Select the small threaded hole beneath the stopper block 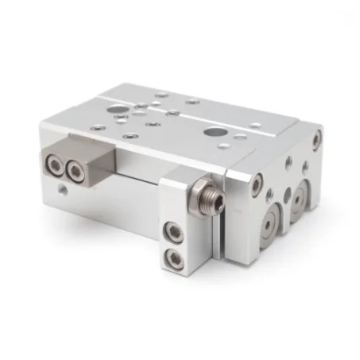pos(62,191)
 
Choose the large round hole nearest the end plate pos(214,132)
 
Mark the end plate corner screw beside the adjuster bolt pos(256,185)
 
